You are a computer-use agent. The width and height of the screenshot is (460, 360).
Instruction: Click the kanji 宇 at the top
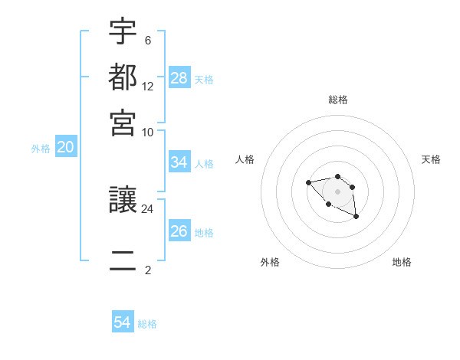pos(123,33)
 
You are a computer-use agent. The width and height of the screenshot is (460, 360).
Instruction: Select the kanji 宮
pos(123,122)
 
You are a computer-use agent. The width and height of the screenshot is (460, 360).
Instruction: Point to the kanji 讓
pos(123,201)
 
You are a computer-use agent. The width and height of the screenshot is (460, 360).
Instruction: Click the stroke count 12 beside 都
pos(148,87)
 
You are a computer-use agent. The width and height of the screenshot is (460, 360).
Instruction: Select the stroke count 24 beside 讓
pos(148,208)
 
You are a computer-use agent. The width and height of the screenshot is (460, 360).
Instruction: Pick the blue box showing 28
pos(179,77)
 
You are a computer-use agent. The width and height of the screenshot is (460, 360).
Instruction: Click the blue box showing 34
pos(179,162)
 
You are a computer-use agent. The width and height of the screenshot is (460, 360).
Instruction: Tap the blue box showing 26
pos(179,231)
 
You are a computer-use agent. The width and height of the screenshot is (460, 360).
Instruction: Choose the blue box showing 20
pos(66,148)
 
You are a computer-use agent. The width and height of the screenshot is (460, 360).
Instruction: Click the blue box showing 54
pos(122,322)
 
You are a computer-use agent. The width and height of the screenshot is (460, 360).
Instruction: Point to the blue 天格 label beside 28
pos(204,79)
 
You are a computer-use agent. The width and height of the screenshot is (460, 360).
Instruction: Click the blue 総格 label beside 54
pos(147,324)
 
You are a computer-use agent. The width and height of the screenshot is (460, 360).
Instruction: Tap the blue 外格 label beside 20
pos(41,149)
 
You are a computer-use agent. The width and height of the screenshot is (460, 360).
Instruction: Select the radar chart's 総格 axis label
pos(338,100)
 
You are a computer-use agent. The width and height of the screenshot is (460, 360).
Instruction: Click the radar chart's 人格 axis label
pos(245,159)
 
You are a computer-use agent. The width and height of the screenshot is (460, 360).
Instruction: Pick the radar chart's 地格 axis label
pos(402,262)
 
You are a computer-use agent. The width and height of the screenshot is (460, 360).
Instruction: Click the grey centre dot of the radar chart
pos(337,191)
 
